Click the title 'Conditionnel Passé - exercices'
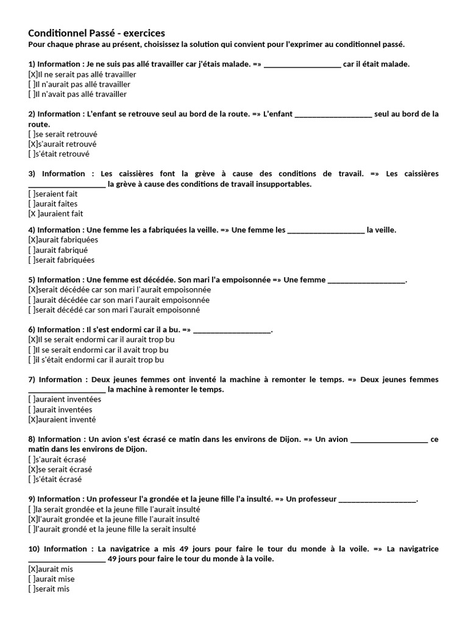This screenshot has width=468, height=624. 96,33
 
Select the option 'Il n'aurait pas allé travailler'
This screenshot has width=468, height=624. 83,84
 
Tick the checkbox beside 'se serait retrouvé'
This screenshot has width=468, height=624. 31,134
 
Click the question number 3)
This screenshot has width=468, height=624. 32,174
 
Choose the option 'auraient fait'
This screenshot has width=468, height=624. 60,213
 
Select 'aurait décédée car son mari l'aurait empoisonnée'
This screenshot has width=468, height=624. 122,300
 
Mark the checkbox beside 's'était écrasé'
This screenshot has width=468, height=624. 31,479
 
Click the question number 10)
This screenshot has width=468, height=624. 34,549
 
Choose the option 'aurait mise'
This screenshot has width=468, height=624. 55,579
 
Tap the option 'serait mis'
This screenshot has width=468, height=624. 52,589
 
